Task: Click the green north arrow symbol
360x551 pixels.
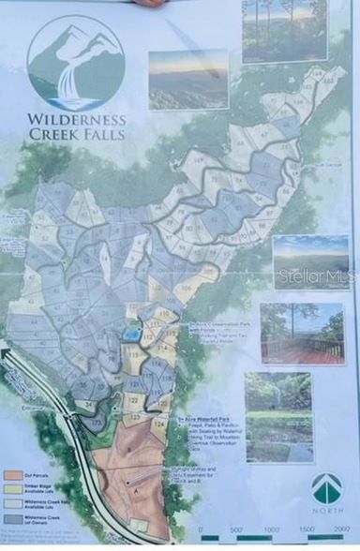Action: [326, 488]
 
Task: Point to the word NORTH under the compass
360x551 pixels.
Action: [326, 512]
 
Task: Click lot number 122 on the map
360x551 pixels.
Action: [133, 400]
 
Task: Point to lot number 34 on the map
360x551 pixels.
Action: [89, 404]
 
